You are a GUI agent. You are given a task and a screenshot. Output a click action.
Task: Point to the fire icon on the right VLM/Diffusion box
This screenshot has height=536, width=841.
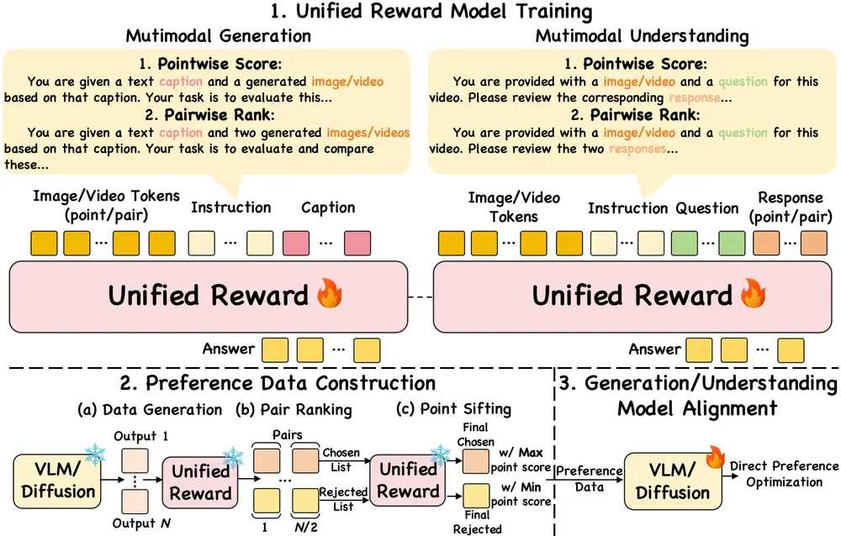(716, 456)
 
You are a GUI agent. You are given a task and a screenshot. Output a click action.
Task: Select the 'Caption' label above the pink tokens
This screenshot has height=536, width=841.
(328, 208)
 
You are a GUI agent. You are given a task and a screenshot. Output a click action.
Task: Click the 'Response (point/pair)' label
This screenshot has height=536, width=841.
(790, 206)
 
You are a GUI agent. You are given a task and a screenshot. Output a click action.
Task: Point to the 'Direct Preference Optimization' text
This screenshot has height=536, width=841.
(783, 474)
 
